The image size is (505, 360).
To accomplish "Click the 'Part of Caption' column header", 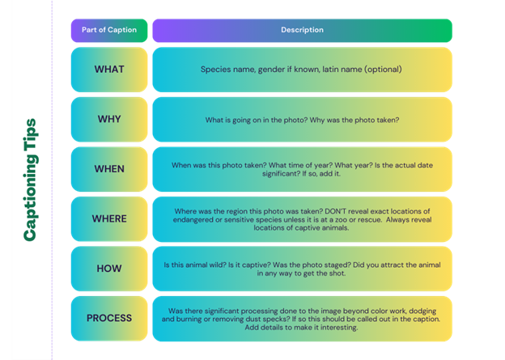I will pyautogui.click(x=109, y=30).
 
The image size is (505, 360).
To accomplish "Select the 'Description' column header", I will pyautogui.click(x=302, y=30).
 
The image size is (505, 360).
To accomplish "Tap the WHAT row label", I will pyautogui.click(x=109, y=70).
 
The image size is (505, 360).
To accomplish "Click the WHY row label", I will pyautogui.click(x=109, y=119).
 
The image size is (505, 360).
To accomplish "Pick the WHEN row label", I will pyautogui.click(x=109, y=169).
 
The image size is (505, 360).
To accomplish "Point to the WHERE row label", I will pyautogui.click(x=109, y=218).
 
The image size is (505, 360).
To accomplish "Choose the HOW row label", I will pyautogui.click(x=109, y=269).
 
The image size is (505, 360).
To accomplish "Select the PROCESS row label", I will pyautogui.click(x=109, y=318).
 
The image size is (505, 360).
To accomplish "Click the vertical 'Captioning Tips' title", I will pyautogui.click(x=30, y=180).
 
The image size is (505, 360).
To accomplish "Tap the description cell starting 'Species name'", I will pyautogui.click(x=301, y=70).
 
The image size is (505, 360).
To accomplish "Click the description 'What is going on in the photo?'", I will pyautogui.click(x=301, y=120).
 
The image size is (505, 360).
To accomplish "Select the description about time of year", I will pyautogui.click(x=301, y=169).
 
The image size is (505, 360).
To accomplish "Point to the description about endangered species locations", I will pyautogui.click(x=301, y=218).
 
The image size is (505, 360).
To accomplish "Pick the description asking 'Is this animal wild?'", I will pyautogui.click(x=301, y=269).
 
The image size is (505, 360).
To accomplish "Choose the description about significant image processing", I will pyautogui.click(x=301, y=318).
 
